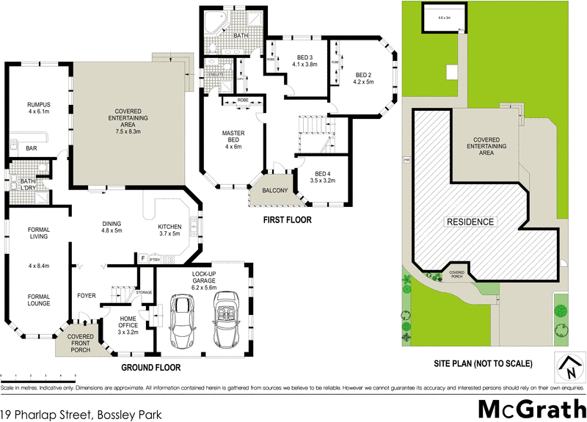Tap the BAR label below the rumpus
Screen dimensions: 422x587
[x=32, y=148]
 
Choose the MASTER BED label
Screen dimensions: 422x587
[x=233, y=137]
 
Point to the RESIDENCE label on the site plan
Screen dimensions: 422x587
[x=470, y=221]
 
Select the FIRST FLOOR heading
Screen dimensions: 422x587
[x=287, y=219]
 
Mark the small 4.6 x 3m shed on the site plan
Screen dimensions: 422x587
[x=442, y=18]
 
